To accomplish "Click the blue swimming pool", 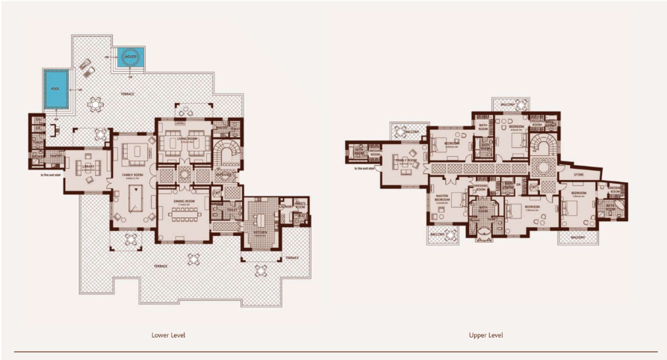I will (56, 88).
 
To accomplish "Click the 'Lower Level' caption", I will (168, 335).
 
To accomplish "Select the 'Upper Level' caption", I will (485, 335).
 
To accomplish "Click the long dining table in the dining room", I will (182, 216).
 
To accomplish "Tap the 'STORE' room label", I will (578, 176).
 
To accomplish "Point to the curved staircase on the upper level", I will (543, 144).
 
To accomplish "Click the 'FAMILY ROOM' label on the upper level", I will (406, 160).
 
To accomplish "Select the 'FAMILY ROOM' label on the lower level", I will (133, 175).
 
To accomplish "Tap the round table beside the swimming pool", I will (96, 105).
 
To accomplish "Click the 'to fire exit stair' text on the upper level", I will (368, 168).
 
